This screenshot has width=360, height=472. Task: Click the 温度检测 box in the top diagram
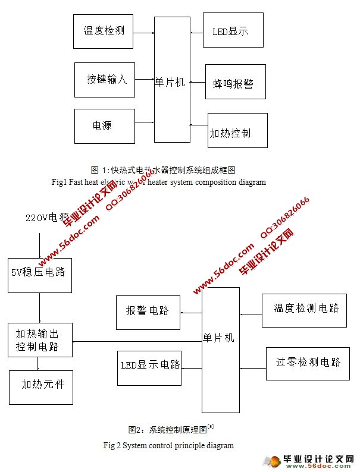(103, 31)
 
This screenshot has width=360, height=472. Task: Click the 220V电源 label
(47, 218)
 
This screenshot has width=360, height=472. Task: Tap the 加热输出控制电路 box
(40, 340)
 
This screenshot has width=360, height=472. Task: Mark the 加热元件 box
(39, 386)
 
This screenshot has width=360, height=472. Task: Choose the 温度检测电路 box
(304, 310)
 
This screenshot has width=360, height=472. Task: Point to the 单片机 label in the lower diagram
(219, 338)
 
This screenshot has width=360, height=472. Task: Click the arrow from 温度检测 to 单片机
(143, 30)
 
